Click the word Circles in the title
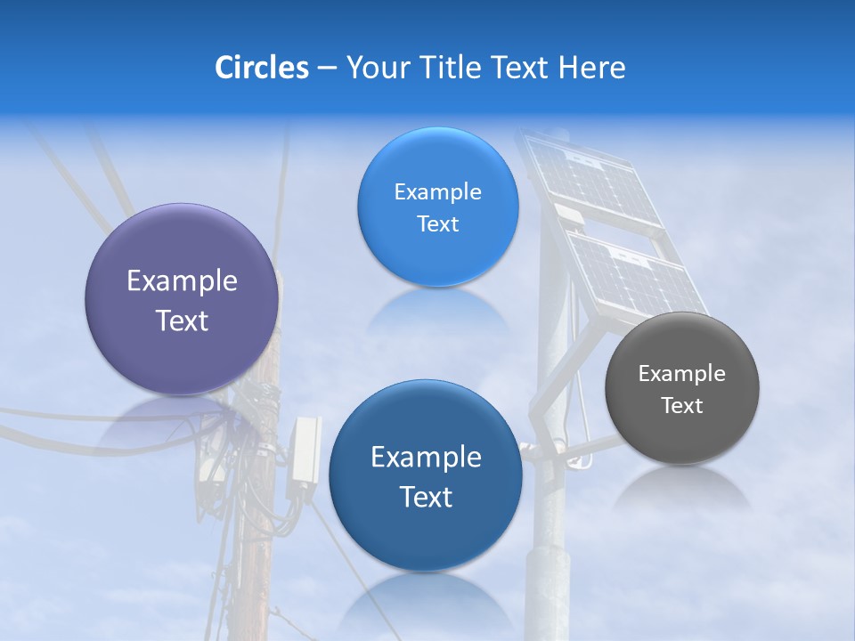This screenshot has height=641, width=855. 261,68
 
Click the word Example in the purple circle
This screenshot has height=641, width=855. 182,281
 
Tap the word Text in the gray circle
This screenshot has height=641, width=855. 682,406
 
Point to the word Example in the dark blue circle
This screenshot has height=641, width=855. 426,458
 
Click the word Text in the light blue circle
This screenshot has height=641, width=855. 437,224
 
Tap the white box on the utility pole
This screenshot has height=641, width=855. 305,450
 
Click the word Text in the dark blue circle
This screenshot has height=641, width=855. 426,497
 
